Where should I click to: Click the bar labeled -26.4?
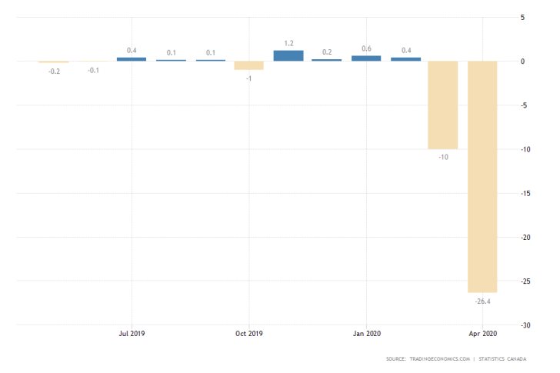482,176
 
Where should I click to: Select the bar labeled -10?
443,105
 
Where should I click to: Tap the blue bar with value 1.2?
288,55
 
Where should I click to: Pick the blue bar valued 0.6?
366,58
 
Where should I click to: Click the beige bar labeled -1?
249,65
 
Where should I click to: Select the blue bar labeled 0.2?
327,59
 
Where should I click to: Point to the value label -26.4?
482,301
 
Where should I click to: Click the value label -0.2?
54,71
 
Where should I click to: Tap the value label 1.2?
288,43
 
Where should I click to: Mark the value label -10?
443,157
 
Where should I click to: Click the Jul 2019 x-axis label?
132,334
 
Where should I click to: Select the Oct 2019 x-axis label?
249,334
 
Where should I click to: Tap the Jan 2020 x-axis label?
366,334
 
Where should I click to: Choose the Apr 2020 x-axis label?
482,334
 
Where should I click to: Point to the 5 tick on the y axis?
522,17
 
